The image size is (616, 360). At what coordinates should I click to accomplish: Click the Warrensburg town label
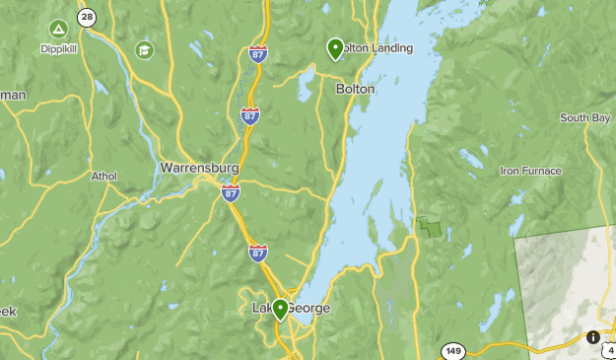tap(198, 168)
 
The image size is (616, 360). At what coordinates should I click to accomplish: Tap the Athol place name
tap(103, 177)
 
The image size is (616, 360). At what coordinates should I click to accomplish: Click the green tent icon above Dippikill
tap(58, 29)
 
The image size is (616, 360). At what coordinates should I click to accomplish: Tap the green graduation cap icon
tap(145, 49)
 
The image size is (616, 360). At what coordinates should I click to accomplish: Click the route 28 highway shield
tap(87, 17)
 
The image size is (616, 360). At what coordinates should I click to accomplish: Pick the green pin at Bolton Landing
tap(335, 47)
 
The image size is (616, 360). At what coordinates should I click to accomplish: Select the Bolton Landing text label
tap(376, 48)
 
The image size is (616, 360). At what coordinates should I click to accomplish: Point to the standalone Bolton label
tap(355, 89)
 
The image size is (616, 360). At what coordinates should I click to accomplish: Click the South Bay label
tap(585, 118)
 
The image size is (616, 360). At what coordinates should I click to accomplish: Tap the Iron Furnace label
tap(530, 171)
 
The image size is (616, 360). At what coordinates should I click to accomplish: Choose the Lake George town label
tap(293, 309)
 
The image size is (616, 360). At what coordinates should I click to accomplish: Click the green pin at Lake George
tap(280, 309)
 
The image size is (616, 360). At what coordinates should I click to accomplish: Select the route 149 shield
tap(453, 350)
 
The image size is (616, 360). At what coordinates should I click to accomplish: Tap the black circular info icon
tap(592, 337)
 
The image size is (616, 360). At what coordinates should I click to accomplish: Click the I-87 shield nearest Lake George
tap(258, 252)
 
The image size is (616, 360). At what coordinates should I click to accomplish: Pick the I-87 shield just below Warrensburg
tap(231, 193)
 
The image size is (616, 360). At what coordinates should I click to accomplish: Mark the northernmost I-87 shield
tap(258, 53)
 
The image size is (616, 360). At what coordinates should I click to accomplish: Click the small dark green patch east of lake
tap(431, 227)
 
